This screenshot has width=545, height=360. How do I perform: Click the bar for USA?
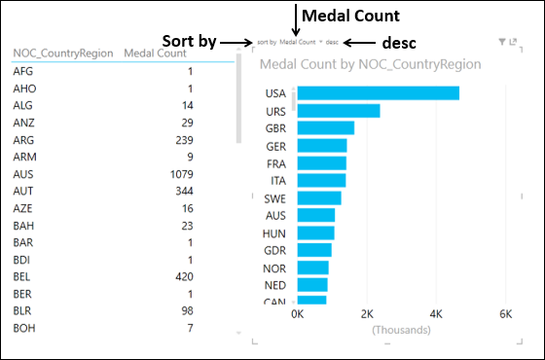[x=378, y=93]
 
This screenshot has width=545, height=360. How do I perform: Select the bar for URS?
[x=338, y=111]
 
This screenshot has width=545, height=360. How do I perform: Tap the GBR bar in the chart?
[x=325, y=128]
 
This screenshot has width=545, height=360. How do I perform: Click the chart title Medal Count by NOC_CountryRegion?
[x=371, y=65]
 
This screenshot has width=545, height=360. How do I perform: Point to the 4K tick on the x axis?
[x=435, y=314]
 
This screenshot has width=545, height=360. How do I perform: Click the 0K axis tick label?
[x=298, y=314]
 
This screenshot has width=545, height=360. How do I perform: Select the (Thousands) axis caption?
[x=400, y=330]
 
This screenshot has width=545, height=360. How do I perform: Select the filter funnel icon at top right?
[x=501, y=42]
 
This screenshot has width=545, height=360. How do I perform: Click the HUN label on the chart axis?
[x=274, y=234]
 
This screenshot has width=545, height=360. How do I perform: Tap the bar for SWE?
[x=319, y=198]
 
